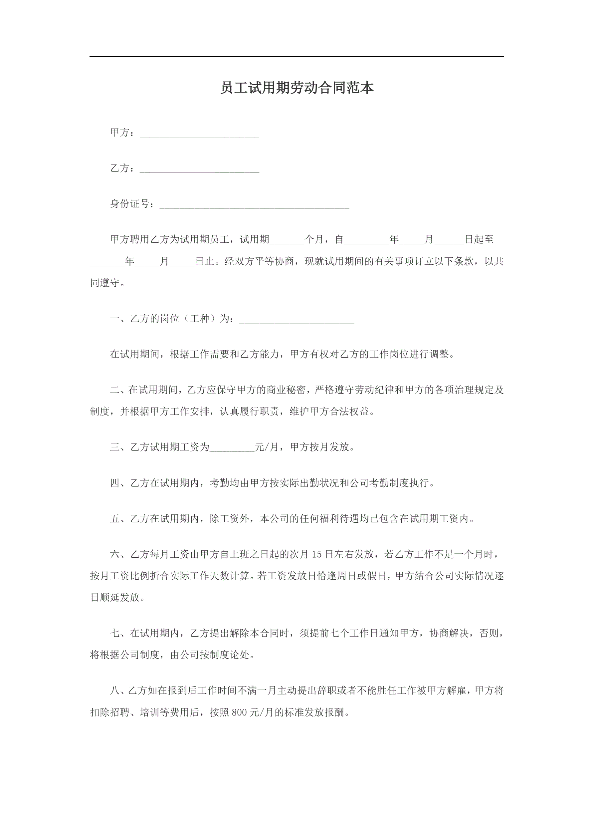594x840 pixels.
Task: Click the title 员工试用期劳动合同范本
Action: click(x=297, y=88)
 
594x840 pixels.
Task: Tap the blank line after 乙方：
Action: click(x=199, y=169)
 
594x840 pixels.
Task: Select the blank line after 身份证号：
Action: click(x=254, y=205)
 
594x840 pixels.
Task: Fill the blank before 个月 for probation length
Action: click(x=287, y=240)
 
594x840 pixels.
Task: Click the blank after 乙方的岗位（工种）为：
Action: click(x=297, y=320)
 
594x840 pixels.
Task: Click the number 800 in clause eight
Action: click(x=239, y=712)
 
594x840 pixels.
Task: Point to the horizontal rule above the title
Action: click(x=297, y=56)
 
